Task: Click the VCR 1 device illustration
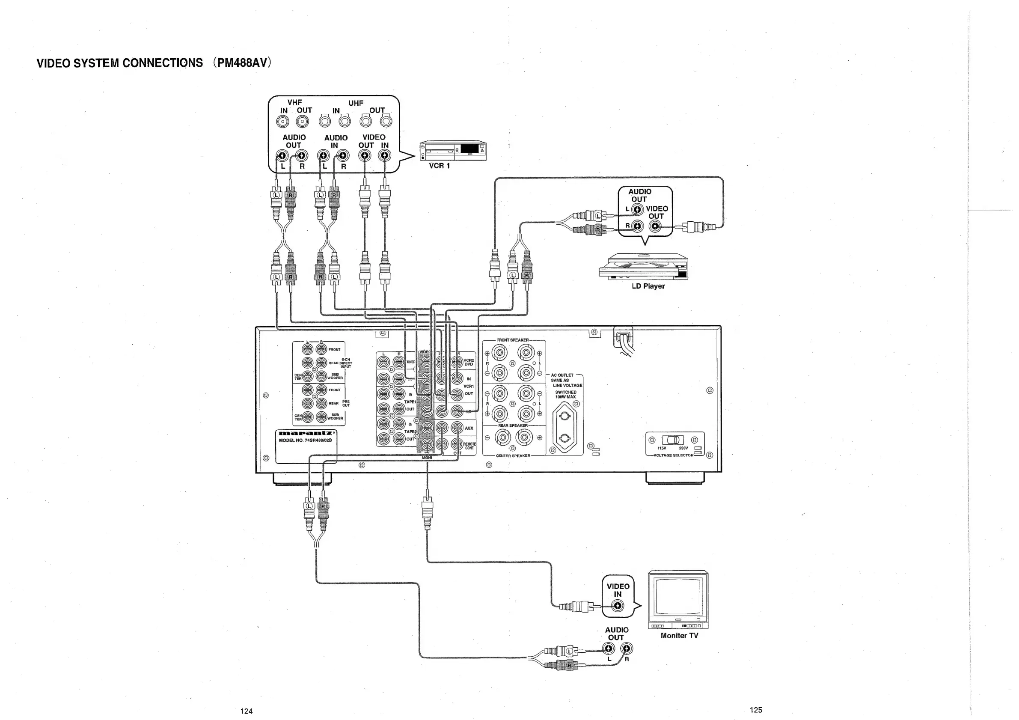[453, 151]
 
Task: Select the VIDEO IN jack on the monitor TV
[618, 606]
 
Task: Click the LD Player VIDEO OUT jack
[655, 226]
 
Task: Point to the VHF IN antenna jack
[283, 121]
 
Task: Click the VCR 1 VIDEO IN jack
[384, 155]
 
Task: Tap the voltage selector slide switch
[672, 440]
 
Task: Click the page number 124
[247, 711]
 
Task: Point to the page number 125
[756, 710]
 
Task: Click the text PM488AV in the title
[242, 62]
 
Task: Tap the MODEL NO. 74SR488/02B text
[305, 440]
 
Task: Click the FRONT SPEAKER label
[513, 340]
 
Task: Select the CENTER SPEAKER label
[513, 455]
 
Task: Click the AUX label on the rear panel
[469, 428]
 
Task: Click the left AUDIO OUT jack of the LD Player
[637, 209]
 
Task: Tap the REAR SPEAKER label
[513, 425]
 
